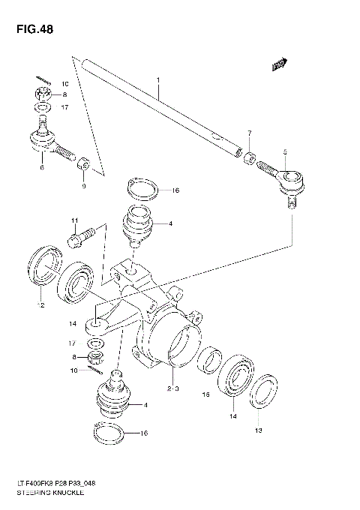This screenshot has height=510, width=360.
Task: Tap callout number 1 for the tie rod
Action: click(158, 79)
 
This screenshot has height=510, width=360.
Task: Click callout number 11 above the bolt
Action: click(75, 220)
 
